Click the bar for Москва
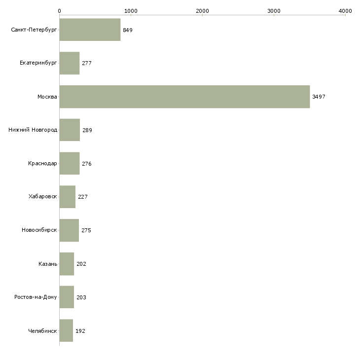(184, 97)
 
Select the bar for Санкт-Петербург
(90, 30)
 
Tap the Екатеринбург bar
(70, 63)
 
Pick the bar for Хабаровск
(68, 197)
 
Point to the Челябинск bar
(66, 331)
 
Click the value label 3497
(319, 97)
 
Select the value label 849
(128, 30)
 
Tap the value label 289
(87, 130)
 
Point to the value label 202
(81, 264)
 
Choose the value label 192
(80, 331)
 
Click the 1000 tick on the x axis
(131, 10)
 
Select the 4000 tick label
(345, 10)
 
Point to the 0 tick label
(60, 10)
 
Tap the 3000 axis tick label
(274, 10)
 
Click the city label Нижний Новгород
(33, 130)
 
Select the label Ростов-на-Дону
(36, 297)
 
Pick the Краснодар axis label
(42, 164)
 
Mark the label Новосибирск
(39, 230)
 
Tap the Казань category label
(48, 264)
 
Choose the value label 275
(86, 230)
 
